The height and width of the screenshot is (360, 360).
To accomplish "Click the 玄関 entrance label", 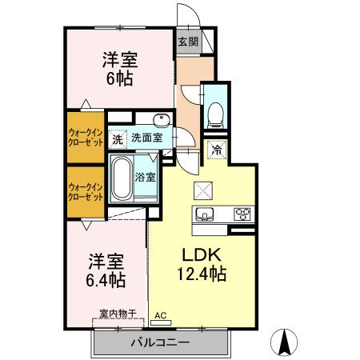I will point(187,42).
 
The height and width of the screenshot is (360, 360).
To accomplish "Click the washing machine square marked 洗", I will point(118,138).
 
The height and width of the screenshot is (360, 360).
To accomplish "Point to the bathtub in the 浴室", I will point(121,179).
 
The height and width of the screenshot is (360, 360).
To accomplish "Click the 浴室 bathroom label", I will point(145,176).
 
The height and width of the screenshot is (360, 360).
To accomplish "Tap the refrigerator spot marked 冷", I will point(216,149).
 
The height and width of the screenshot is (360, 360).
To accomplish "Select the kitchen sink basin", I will point(204,214).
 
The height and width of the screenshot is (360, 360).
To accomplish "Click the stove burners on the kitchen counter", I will point(242,214).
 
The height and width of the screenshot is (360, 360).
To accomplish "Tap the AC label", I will point(159,316).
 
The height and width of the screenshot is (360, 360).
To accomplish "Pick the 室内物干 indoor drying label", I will point(118,313).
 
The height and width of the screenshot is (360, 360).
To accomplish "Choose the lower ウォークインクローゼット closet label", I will point(85,191).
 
